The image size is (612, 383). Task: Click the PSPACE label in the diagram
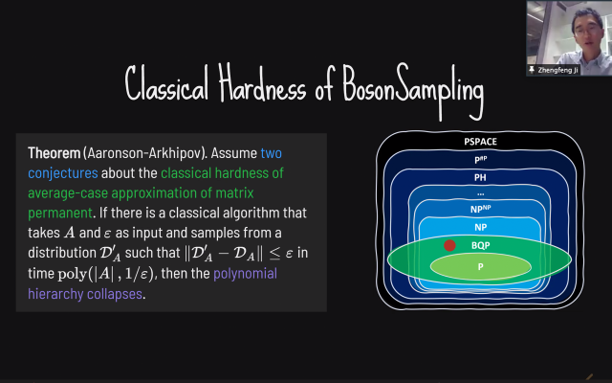[480, 142]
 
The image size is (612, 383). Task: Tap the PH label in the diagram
[480, 177]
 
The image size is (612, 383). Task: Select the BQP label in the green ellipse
[480, 245]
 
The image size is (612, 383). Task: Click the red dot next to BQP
[449, 245]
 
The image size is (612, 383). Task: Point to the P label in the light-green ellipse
[480, 266]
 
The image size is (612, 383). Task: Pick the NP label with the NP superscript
[480, 209]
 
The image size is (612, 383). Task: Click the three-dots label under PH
[480, 193]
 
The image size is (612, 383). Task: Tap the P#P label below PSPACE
[480, 160]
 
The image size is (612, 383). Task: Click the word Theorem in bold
[54, 153]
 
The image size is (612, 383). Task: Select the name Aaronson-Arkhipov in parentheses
[144, 153]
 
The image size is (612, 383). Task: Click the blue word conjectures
[63, 173]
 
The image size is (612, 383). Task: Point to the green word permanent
[60, 214]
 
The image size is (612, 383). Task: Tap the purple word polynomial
[245, 274]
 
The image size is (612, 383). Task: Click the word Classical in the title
[166, 83]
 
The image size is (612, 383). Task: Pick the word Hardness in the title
[262, 83]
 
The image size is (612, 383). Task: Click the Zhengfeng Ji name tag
[554, 70]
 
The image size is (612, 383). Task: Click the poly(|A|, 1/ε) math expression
[105, 274]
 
